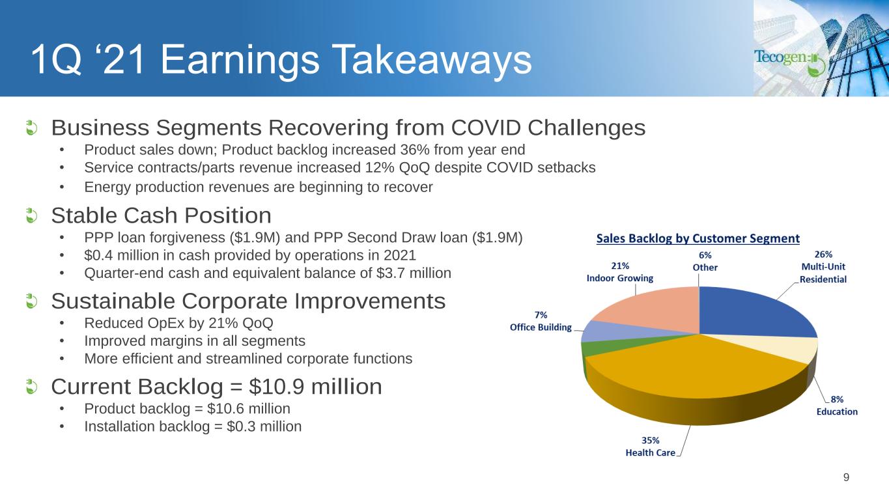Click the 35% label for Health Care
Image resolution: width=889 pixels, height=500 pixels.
(650, 440)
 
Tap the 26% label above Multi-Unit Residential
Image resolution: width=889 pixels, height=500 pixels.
(823, 255)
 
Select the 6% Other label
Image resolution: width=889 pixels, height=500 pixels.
(705, 261)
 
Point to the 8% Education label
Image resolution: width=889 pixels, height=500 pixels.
(837, 405)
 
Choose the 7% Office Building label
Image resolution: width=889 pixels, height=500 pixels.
(541, 321)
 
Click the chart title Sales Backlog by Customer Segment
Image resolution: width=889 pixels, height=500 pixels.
(698, 238)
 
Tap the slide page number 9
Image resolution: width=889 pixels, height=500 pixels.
(846, 477)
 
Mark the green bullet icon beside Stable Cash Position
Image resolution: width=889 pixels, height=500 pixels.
(31, 216)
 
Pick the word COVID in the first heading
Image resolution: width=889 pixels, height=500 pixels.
(486, 128)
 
